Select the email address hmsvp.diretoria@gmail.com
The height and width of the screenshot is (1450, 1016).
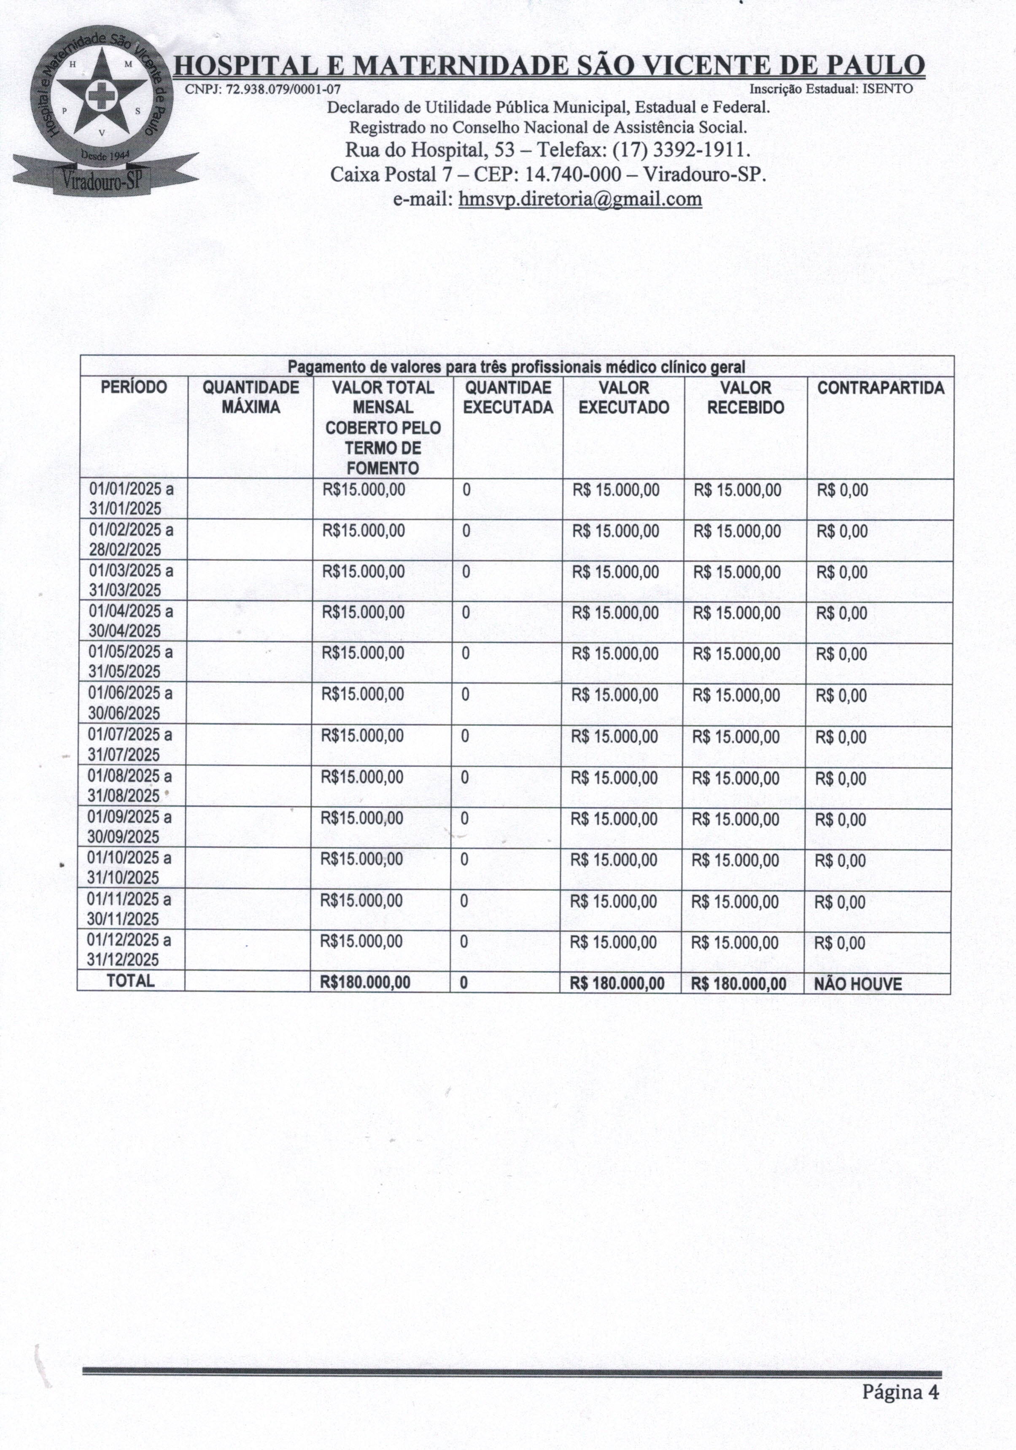pos(579,200)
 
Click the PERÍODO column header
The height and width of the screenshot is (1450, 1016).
pos(134,387)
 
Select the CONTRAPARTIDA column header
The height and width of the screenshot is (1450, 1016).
pos(880,388)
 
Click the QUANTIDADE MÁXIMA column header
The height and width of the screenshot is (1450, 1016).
pos(251,397)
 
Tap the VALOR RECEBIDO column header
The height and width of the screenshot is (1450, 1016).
pos(745,397)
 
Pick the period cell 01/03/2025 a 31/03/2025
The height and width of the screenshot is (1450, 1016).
pos(131,581)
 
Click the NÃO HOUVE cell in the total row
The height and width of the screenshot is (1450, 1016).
pos(857,984)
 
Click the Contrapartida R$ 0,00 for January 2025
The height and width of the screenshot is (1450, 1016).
pos(842,490)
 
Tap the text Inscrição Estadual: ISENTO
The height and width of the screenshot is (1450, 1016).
pos(830,89)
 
